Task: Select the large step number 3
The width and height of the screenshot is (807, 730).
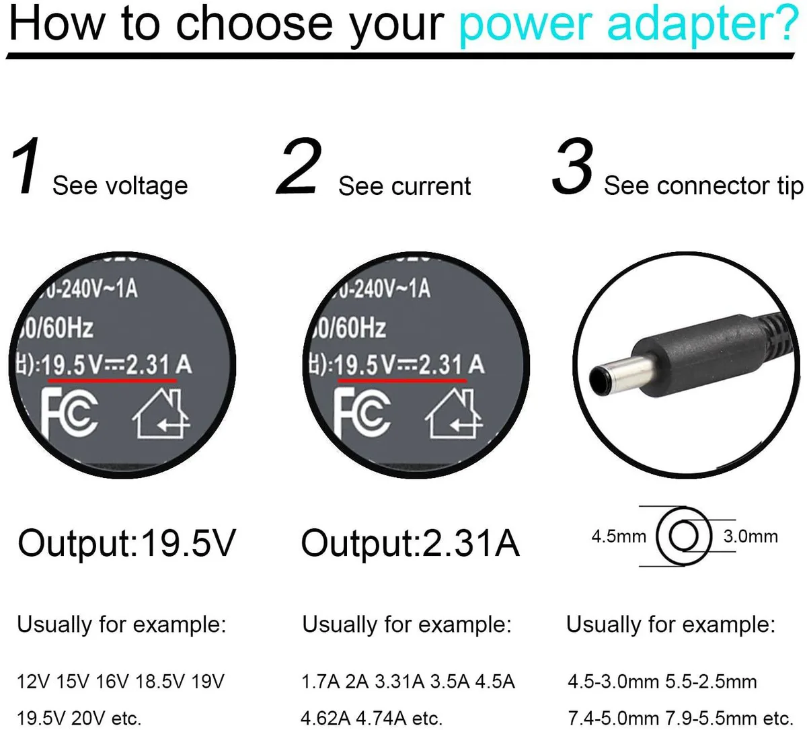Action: click(x=573, y=166)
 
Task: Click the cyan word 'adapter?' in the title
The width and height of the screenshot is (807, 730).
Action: click(x=703, y=24)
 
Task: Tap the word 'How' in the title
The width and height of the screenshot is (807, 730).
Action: click(x=56, y=24)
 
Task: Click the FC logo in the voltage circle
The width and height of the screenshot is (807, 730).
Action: click(x=69, y=413)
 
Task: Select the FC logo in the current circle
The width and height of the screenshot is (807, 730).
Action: click(x=362, y=413)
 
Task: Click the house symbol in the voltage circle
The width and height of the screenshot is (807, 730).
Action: click(x=161, y=413)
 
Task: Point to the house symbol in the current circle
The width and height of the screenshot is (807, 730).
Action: click(x=453, y=413)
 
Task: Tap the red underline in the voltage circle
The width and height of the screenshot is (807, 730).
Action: click(x=112, y=380)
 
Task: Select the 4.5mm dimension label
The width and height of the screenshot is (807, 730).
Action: click(x=619, y=536)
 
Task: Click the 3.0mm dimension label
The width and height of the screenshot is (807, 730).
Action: click(x=751, y=536)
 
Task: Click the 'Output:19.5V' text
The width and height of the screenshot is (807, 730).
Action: click(x=126, y=543)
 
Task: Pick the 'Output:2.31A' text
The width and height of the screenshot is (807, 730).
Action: click(x=410, y=543)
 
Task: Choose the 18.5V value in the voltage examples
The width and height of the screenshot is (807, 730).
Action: click(x=159, y=682)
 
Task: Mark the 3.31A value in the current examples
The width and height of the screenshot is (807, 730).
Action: click(x=399, y=682)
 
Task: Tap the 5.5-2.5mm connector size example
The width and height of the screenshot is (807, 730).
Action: click(x=712, y=682)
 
